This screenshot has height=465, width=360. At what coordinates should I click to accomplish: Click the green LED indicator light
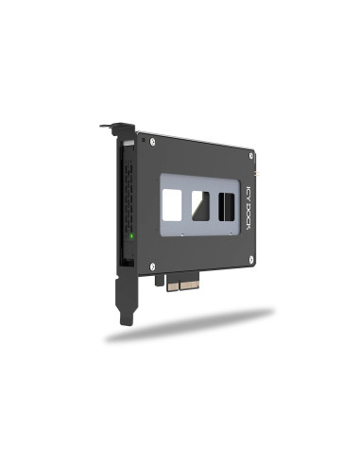(131, 235)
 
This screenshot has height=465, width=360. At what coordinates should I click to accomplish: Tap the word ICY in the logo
(249, 193)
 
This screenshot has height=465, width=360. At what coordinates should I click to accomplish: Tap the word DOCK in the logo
(249, 215)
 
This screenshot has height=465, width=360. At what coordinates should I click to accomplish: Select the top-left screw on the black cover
(153, 142)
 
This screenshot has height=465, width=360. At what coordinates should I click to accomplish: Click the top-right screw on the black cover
(251, 156)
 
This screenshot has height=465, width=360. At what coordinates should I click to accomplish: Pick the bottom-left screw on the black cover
(152, 267)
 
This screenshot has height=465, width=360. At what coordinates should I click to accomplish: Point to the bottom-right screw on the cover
(251, 260)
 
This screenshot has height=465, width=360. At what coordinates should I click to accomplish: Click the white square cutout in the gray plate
(172, 205)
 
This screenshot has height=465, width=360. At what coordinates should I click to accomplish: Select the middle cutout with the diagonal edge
(200, 206)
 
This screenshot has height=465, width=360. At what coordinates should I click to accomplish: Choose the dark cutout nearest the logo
(227, 207)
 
